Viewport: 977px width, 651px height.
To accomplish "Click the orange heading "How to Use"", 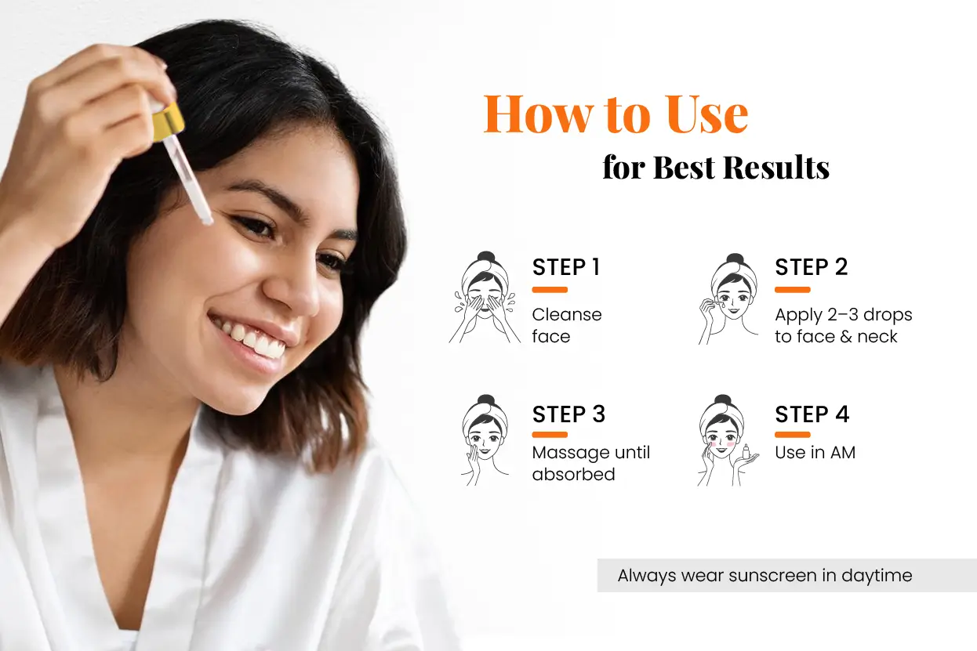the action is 616,114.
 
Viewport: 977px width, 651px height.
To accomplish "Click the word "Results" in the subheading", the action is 776,168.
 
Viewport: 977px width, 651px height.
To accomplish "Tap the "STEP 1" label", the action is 566,267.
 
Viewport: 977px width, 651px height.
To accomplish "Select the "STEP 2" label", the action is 812,267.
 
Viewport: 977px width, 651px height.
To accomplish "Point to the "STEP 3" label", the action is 568,414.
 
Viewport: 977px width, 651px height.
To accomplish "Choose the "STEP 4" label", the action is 812,414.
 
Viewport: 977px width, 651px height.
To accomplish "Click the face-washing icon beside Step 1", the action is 484,298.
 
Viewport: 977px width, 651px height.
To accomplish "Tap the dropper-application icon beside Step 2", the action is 728,299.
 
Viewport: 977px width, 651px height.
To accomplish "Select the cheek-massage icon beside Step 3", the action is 484,440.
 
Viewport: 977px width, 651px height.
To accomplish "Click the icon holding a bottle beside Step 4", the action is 728,440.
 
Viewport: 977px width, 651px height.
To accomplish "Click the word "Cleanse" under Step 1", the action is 567,315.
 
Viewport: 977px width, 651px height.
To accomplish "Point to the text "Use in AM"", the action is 815,452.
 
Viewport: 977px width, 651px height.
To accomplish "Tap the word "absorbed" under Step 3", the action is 573,474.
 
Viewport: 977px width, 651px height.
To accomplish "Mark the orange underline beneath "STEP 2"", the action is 793,290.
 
